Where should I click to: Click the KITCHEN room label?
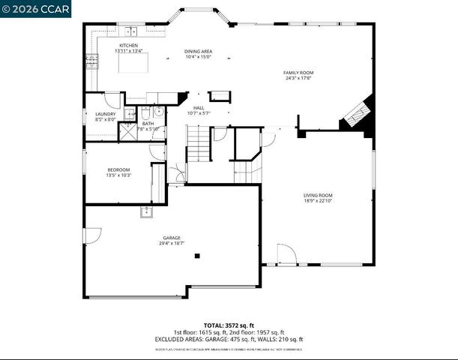click(129, 46)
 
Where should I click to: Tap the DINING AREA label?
click(199, 51)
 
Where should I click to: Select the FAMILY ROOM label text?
click(298, 73)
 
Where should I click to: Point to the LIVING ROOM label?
click(318, 195)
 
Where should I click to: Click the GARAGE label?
click(171, 238)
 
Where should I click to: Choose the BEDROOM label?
click(118, 169)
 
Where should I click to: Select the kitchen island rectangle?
click(129, 65)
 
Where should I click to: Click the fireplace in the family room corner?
click(355, 114)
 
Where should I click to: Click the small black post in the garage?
click(197, 256)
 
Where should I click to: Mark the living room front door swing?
click(286, 253)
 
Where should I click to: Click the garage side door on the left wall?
click(93, 235)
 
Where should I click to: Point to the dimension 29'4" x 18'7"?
click(171, 244)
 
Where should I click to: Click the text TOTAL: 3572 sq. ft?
click(228, 325)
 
